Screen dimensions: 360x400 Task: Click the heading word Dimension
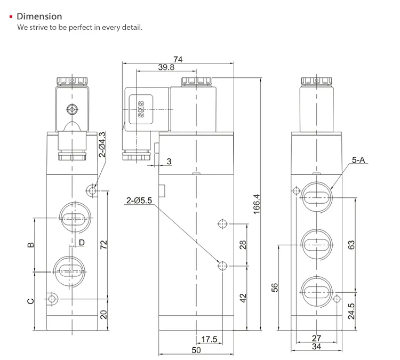click(39, 17)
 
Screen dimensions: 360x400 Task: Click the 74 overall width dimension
click(178, 60)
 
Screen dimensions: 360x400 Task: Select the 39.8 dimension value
click(166, 68)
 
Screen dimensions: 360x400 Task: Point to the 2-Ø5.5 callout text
click(139, 201)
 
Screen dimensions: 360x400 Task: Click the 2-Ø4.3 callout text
click(102, 144)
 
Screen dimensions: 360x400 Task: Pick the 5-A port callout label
click(359, 159)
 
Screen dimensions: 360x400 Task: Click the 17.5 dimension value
click(210, 339)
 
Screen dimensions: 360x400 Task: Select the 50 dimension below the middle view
click(196, 350)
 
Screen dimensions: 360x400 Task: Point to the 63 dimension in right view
click(351, 245)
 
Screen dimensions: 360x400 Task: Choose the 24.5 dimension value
click(351, 311)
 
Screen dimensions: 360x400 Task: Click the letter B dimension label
click(30, 245)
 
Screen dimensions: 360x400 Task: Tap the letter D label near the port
click(81, 243)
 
